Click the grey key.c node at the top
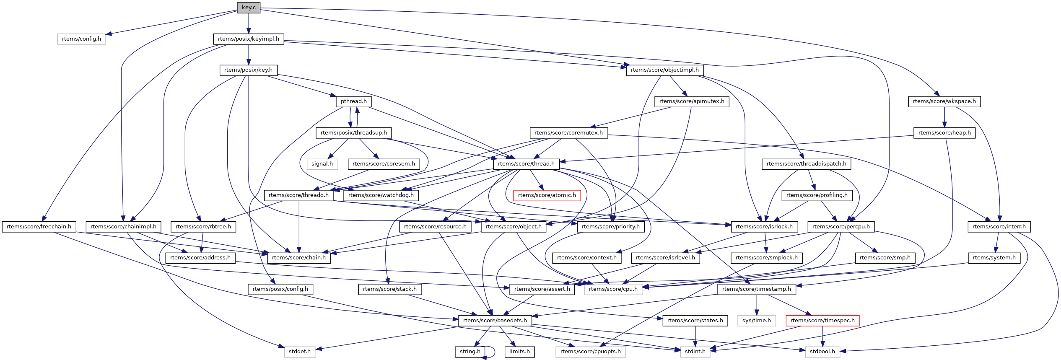249,8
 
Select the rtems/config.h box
81,39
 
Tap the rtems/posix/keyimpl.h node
249,39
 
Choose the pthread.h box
353,101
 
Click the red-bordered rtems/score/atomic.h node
547,195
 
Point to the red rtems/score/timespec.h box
822,321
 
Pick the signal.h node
322,164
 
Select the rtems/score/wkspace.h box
944,101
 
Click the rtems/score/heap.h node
944,133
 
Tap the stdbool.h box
822,352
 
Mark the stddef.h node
300,352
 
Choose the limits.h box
519,352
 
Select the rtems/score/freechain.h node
39,227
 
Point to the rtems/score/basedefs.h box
495,321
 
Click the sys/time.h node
756,321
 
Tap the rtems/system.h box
994,258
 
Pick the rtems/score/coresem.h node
384,164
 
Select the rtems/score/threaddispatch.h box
806,164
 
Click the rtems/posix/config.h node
280,289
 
